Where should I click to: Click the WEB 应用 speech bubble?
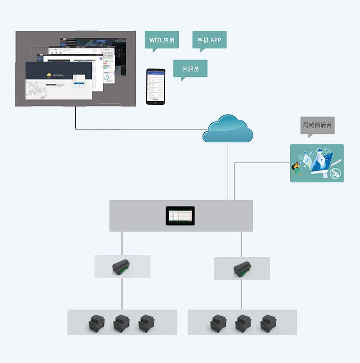(162, 40)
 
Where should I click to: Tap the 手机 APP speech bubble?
(209, 40)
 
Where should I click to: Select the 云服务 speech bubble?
(190, 69)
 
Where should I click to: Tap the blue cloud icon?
(228, 129)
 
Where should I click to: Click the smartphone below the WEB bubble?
(155, 87)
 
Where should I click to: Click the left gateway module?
(121, 267)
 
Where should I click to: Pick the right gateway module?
(242, 269)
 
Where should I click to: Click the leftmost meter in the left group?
(96, 323)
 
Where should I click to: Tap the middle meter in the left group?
(121, 323)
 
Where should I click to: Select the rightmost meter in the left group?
(145, 323)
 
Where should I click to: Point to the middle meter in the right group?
(242, 323)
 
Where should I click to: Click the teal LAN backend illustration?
(317, 163)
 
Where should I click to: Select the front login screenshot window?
(58, 81)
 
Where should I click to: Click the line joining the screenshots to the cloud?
(135, 130)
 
